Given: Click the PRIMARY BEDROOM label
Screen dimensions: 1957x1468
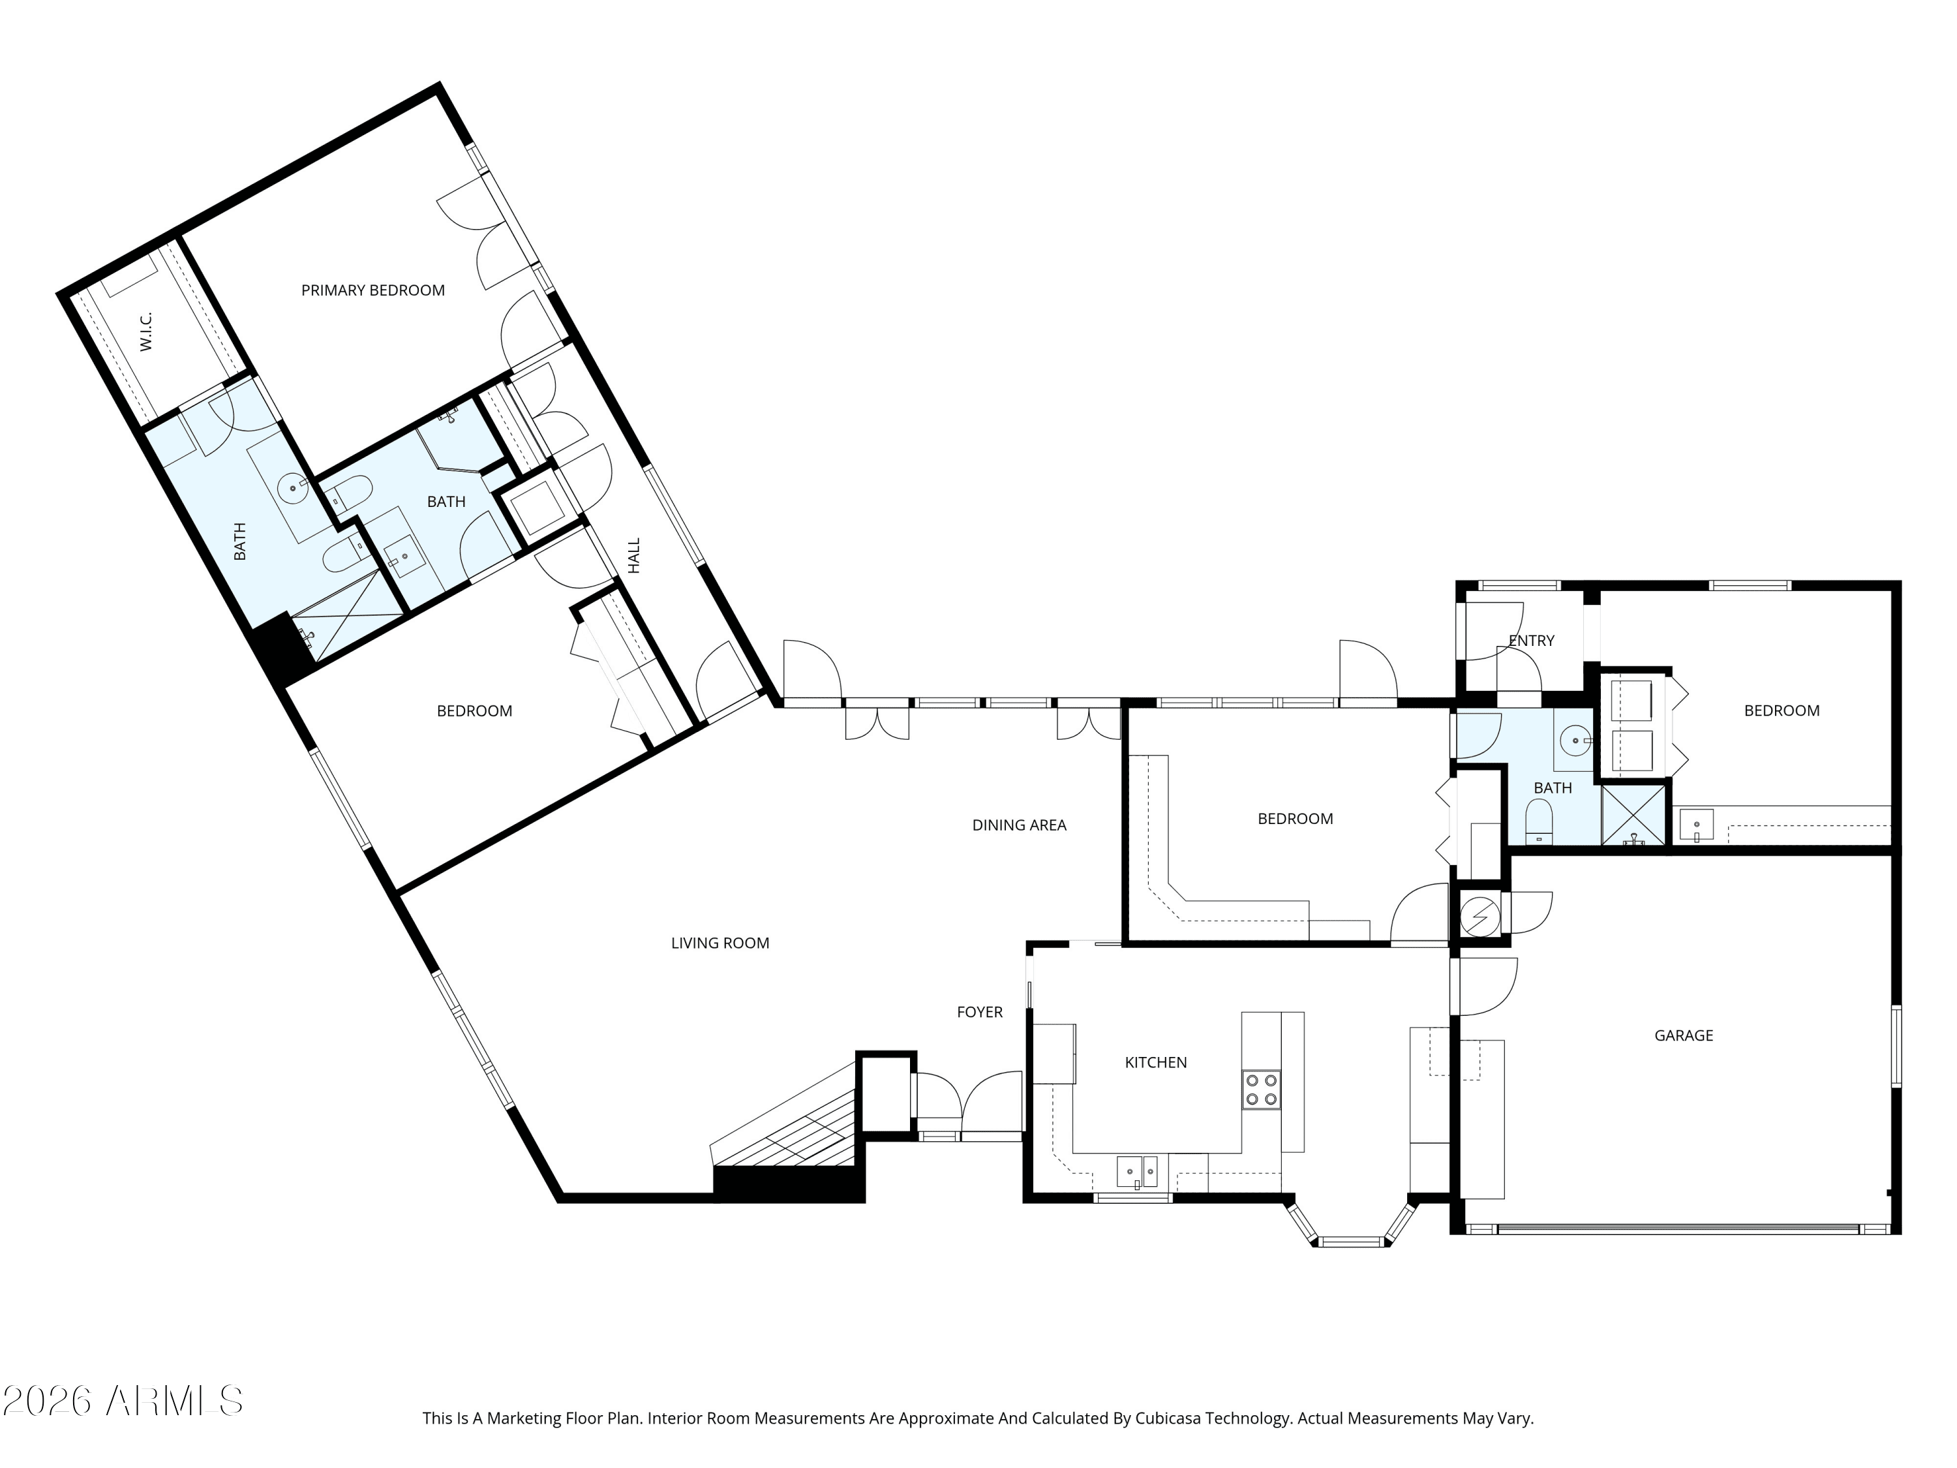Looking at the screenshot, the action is pos(372,290).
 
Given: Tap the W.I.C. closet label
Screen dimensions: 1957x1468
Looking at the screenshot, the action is pos(146,331).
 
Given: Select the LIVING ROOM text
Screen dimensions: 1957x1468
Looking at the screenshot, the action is pos(720,943).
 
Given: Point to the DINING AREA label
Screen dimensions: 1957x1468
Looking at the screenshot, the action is pos(1019,825).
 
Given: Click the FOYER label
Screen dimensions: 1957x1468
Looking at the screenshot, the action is pos(979,1013).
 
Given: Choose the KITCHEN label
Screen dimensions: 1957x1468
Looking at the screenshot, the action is pos(1155,1063).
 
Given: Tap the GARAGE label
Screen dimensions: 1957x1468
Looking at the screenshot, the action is pos(1684,1035).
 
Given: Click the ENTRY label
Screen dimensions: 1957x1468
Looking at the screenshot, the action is pos(1532,641).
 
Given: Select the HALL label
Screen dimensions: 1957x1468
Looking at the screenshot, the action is pos(633,556).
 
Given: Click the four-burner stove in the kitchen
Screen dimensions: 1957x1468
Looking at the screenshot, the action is pos(1261,1090).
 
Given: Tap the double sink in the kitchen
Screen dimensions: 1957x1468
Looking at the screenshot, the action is pos(1137,1172).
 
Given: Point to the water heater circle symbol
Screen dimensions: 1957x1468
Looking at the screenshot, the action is pos(1479,917).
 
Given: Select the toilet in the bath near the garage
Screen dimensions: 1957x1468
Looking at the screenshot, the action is pos(1540,821).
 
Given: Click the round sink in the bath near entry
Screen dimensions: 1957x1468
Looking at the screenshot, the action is pos(1575,741).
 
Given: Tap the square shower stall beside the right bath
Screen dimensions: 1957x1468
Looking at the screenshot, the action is pos(1633,814).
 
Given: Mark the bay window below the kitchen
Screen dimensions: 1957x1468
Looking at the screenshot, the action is pos(1350,1225).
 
